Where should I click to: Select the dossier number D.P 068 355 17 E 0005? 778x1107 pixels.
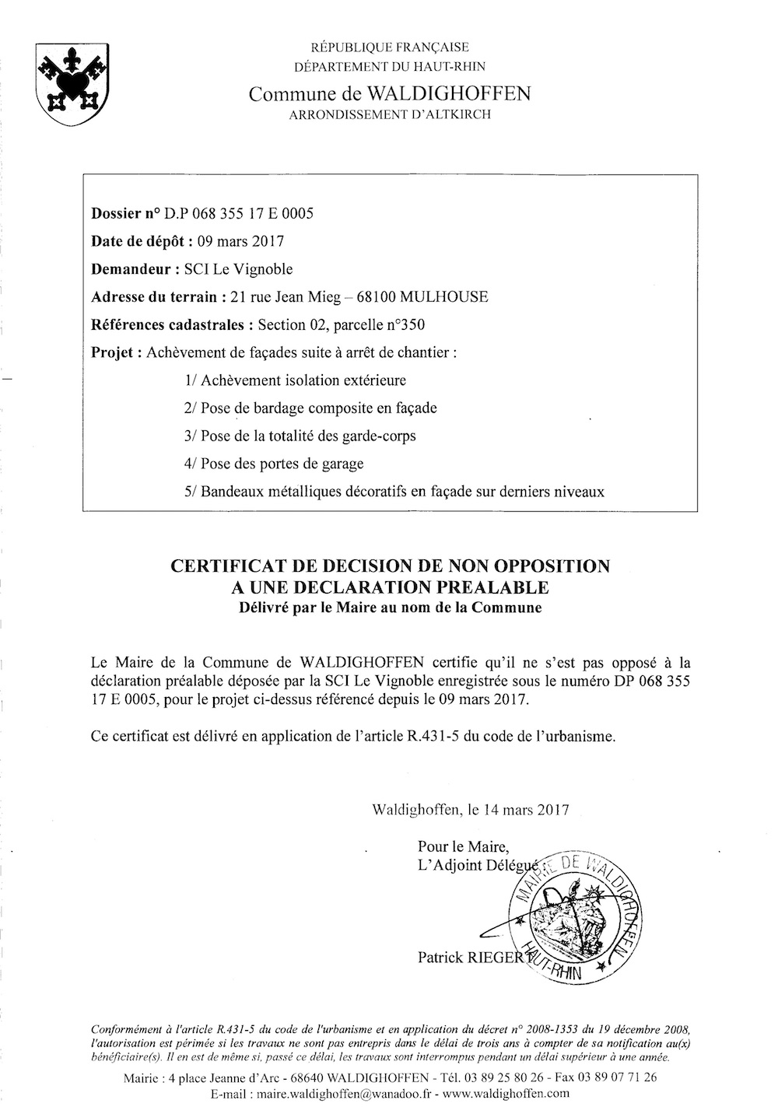point(247,213)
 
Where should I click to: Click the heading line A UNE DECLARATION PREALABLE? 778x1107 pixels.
point(389,587)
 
